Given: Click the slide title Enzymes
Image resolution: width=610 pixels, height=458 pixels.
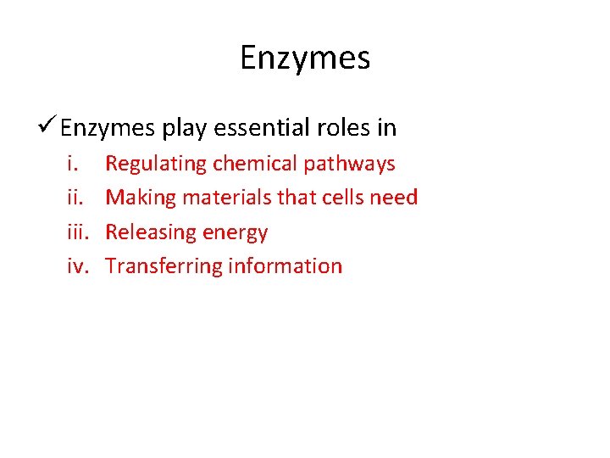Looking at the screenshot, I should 305,59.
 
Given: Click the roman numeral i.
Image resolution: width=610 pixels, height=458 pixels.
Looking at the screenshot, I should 72,163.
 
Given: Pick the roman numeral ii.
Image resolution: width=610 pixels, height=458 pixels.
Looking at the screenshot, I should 75,198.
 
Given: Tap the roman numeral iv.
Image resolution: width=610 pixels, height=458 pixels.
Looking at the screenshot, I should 79,266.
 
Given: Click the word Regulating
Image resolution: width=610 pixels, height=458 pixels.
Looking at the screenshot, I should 156,164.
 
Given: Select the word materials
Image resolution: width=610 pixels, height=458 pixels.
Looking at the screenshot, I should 219,198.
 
